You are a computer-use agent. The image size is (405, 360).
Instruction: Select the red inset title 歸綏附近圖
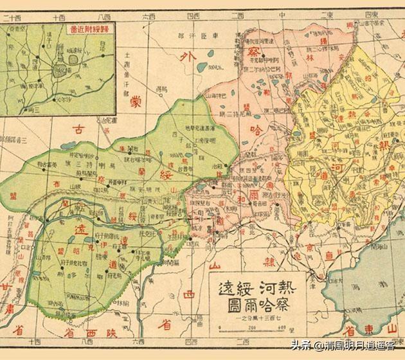(83, 28)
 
